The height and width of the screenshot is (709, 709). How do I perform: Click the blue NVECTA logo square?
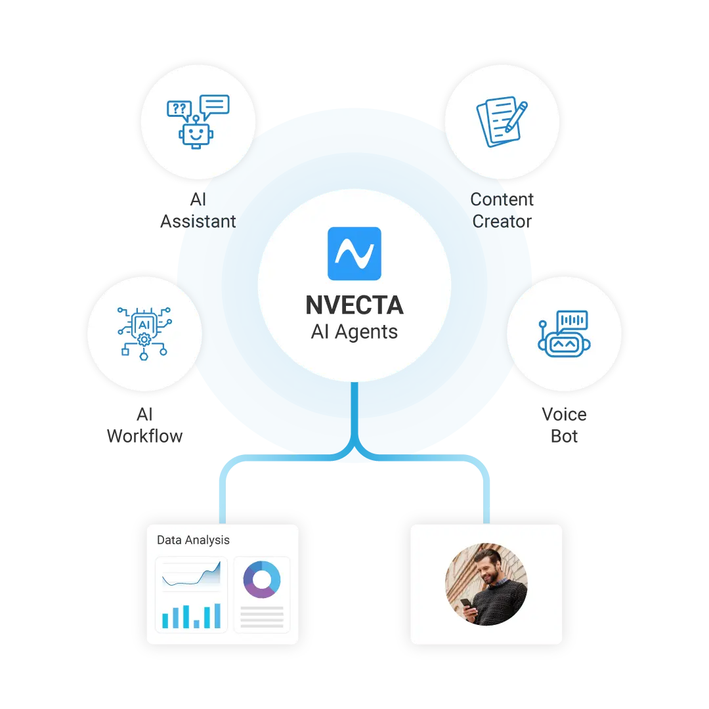354,253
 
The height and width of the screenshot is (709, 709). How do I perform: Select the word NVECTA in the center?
354,305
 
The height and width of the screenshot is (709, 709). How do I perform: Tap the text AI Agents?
354,332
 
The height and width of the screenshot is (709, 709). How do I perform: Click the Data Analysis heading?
193,540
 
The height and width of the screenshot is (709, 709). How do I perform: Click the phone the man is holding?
465,603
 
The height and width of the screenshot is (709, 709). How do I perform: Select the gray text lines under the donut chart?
261,616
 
